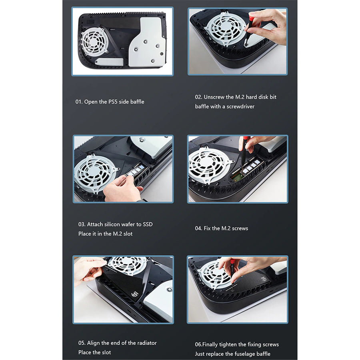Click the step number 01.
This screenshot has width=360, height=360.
(x=79, y=102)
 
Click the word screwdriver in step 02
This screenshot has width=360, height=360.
(x=240, y=106)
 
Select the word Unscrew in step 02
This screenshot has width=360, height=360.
(x=214, y=97)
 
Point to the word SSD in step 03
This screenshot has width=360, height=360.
(x=148, y=224)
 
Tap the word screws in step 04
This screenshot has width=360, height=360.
(x=241, y=228)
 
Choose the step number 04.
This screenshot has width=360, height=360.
(x=198, y=228)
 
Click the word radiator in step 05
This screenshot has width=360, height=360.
(x=147, y=343)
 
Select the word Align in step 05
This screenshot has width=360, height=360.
(x=94, y=343)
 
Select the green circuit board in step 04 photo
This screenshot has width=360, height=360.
(x=238, y=176)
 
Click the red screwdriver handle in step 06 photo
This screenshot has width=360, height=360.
(x=232, y=262)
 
